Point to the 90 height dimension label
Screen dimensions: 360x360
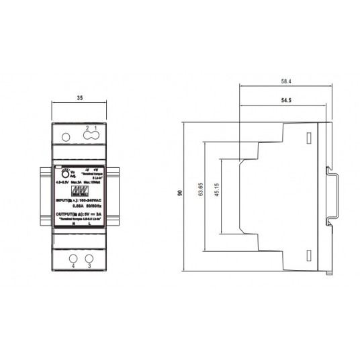tap(179, 193)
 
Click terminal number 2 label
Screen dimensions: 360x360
tap(87, 128)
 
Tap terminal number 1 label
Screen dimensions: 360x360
tap(96, 128)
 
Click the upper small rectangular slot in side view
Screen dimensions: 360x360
tap(308, 137)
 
